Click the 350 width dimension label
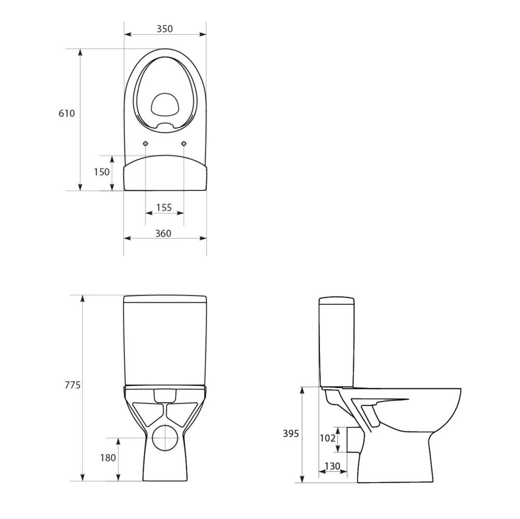tap(165, 29)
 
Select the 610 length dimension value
tap(67, 113)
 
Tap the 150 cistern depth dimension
tap(101, 172)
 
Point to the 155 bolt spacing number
tap(164, 207)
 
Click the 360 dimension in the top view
tap(163, 233)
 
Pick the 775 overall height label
tap(72, 385)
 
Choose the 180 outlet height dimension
tap(108, 458)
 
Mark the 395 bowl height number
tap(291, 433)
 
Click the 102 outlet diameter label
tap(327, 438)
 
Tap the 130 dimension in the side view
tap(332, 465)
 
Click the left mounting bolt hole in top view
tap(146, 144)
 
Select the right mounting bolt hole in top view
tap(184, 144)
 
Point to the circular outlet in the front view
tap(165, 438)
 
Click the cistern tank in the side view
tap(336, 343)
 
